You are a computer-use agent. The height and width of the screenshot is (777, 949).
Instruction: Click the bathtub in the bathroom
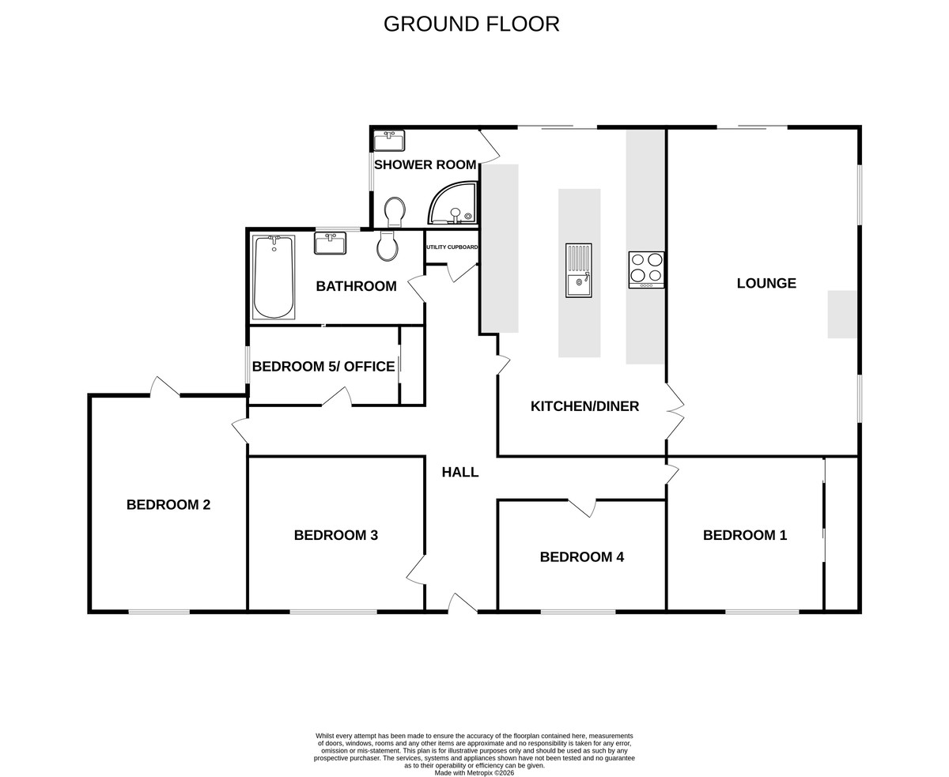click(273, 277)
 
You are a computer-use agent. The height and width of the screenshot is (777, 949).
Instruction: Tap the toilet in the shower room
click(395, 212)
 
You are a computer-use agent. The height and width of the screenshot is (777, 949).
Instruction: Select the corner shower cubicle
click(452, 203)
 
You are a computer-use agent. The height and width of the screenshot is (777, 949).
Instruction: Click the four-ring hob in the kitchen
click(646, 270)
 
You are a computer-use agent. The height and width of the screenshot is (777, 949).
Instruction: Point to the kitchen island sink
click(579, 270)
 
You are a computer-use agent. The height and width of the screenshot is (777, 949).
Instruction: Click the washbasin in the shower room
click(389, 141)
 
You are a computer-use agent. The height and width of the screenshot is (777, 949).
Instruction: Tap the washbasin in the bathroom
click(330, 243)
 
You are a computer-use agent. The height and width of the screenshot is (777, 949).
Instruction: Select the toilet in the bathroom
click(387, 246)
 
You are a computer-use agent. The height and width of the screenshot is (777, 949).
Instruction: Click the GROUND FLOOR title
click(471, 25)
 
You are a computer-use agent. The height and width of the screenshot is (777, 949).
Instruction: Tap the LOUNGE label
click(766, 283)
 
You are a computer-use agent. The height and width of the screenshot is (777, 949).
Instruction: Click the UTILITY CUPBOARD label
click(452, 247)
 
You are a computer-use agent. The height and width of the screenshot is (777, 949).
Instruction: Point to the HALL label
click(460, 472)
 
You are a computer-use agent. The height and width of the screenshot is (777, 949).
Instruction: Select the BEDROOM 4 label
click(582, 557)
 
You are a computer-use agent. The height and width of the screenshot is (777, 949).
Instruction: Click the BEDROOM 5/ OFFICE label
click(323, 367)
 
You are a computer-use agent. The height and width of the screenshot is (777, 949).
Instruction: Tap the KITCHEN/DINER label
click(584, 406)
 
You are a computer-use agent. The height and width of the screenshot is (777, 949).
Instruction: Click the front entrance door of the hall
click(463, 603)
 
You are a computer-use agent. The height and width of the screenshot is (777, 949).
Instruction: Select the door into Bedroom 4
click(582, 507)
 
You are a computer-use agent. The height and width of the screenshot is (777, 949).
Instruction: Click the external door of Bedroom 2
click(164, 387)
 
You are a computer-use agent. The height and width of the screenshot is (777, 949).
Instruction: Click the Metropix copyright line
click(474, 773)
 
